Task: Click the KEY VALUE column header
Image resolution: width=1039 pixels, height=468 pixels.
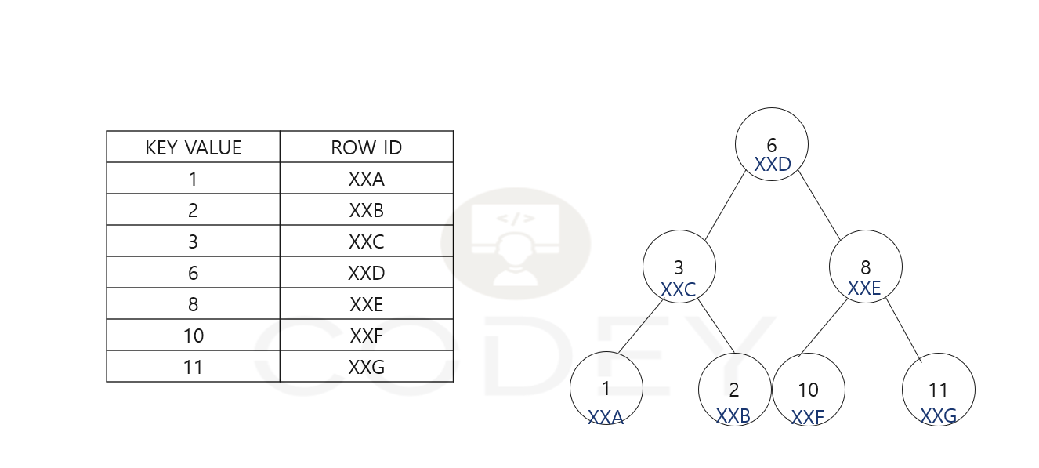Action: [x=193, y=147]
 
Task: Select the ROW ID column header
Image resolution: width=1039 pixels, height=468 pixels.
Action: [x=366, y=147]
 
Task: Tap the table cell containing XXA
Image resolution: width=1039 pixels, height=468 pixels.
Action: [x=366, y=179]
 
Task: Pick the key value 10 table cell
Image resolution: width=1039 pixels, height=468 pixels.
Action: [x=193, y=336]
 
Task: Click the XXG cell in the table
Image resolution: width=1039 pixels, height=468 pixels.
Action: [x=366, y=367]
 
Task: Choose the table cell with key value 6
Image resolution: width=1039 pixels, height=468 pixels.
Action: [x=193, y=273]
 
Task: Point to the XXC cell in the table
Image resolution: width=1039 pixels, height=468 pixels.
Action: [x=366, y=241]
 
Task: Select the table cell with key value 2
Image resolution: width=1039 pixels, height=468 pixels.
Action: [x=193, y=210]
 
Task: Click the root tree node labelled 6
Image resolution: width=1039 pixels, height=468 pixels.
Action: [x=771, y=144]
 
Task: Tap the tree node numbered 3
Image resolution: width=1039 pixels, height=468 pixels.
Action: [x=679, y=267]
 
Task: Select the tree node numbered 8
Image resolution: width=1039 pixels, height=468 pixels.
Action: [x=865, y=267]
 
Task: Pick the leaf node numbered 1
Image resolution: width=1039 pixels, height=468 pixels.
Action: [x=606, y=390]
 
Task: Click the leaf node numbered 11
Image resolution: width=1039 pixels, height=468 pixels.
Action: [x=938, y=390]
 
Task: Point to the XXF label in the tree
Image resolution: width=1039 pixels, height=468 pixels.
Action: [x=808, y=418]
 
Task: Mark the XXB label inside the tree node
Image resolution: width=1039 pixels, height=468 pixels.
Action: [x=733, y=416]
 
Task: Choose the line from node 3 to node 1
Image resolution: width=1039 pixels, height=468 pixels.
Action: [x=639, y=329]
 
